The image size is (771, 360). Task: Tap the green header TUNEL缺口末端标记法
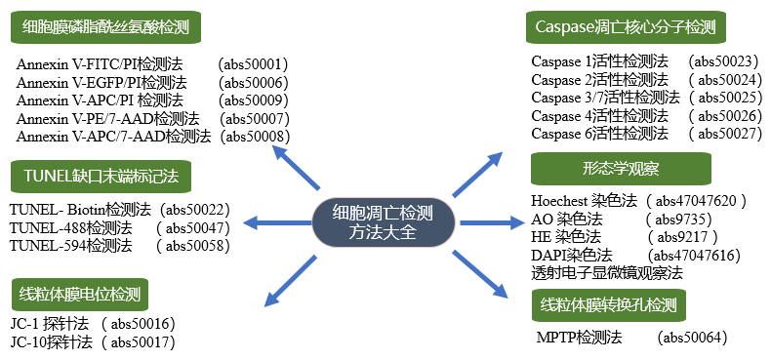[101, 177]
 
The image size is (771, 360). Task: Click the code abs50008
[258, 137]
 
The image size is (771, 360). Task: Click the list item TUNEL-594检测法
[70, 246]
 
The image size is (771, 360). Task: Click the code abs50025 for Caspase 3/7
[724, 98]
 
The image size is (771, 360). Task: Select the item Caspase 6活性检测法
[600, 134]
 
